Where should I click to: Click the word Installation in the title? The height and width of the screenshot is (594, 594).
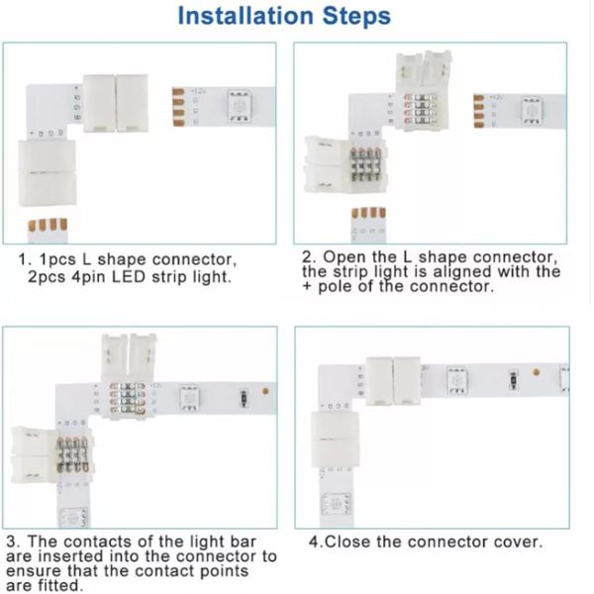[x=246, y=16]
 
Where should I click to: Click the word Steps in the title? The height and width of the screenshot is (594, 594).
[x=356, y=17]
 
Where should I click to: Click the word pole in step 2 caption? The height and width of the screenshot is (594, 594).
[x=336, y=287]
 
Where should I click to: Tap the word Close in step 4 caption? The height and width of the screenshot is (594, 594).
[x=347, y=543]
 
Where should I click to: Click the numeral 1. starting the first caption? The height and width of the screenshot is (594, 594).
[x=24, y=259]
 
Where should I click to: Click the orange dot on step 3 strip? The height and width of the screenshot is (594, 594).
[x=265, y=391]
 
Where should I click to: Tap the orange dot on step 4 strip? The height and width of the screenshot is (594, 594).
[x=536, y=372]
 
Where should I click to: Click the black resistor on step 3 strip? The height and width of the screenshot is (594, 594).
[x=244, y=399]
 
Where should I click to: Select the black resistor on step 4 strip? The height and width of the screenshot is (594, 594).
[x=513, y=379]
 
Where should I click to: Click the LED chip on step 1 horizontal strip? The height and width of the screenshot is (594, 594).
[x=240, y=106]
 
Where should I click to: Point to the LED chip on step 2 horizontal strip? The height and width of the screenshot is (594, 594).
[x=531, y=111]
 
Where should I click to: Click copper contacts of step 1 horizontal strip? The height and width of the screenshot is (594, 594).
[x=178, y=107]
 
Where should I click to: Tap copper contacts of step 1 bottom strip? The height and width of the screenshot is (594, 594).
[x=48, y=225]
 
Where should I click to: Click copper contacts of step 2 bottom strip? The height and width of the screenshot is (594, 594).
[x=368, y=213]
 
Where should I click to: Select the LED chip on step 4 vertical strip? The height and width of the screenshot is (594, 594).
[x=336, y=504]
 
